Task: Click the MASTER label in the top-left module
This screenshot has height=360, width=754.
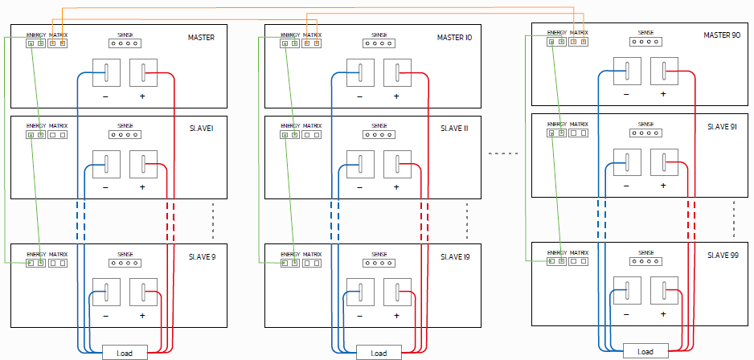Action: coord(201,38)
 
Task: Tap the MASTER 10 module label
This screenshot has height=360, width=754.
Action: coord(455,38)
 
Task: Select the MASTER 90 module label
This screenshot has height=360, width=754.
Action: coord(722,35)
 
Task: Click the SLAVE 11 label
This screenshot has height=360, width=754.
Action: coord(454,129)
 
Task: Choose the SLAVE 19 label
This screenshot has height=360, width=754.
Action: coord(455,256)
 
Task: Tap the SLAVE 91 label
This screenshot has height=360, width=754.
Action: coord(722,127)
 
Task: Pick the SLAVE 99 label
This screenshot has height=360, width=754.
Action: coord(723,255)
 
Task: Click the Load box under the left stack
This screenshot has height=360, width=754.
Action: coord(125,353)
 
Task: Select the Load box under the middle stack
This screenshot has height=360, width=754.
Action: coord(379,353)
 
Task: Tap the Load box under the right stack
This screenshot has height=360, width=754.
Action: coord(645,351)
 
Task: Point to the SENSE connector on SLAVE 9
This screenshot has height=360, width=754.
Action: coord(125,262)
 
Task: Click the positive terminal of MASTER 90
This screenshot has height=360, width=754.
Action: coord(663,70)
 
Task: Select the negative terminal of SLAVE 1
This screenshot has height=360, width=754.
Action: coord(105,163)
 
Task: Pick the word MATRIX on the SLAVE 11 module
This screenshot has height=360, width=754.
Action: coord(312,126)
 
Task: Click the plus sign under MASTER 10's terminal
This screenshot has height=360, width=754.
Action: coord(396,96)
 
